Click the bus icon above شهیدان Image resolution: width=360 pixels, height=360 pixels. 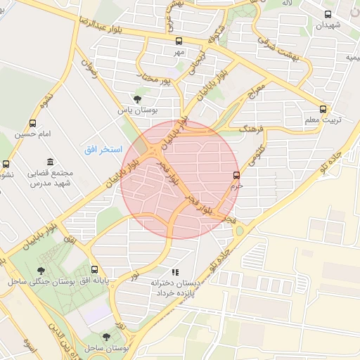(328, 14)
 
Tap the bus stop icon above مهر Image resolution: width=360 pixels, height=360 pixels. (179, 41)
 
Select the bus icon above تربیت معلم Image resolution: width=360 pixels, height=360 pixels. (323, 109)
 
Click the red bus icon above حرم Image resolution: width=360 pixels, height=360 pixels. (236, 176)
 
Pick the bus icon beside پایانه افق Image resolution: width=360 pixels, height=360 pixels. (94, 269)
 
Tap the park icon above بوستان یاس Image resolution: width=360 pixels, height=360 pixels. (137, 99)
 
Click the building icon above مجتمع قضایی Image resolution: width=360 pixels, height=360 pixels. (49, 162)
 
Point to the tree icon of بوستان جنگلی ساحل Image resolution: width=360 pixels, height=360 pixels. (42, 269)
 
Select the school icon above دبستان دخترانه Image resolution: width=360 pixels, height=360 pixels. (175, 271)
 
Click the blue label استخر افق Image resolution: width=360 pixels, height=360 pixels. (103, 149)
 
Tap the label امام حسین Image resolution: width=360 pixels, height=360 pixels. (34, 134)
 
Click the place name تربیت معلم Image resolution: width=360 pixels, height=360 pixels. (323, 120)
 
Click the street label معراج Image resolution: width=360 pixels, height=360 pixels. (255, 94)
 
